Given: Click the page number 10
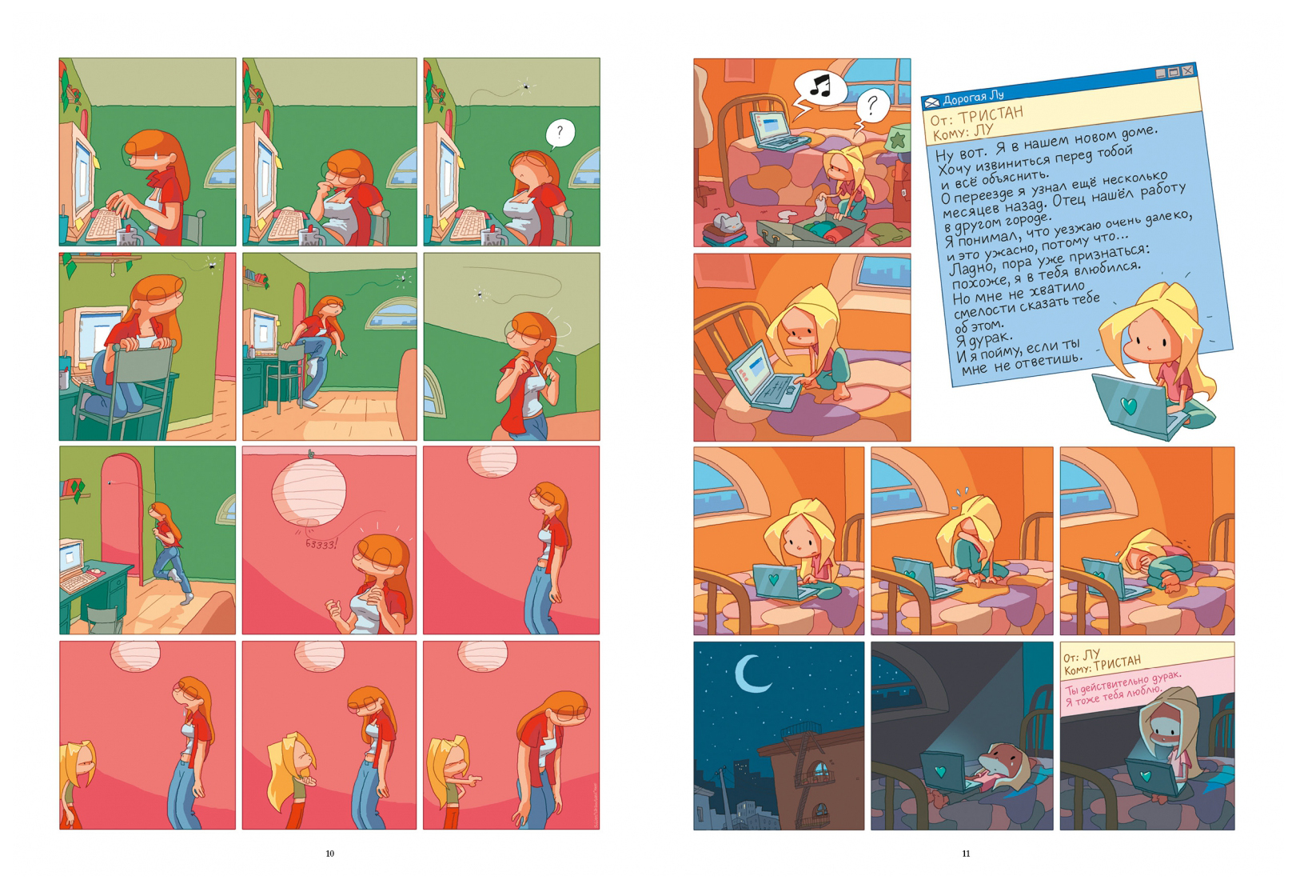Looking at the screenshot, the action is (x=329, y=854).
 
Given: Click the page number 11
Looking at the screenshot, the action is (x=966, y=854).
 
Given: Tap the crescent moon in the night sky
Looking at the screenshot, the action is (x=751, y=674).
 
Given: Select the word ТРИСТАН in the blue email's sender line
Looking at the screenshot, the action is (x=991, y=114).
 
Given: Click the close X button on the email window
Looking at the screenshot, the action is (x=1188, y=70).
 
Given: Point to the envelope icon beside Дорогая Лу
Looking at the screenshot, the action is (x=931, y=102).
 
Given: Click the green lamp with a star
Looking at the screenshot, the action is (x=899, y=139).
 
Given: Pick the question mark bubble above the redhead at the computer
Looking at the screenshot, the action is (x=560, y=134).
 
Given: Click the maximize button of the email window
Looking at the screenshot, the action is (x=1174, y=72).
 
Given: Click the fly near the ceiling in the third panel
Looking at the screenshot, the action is (x=525, y=86).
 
